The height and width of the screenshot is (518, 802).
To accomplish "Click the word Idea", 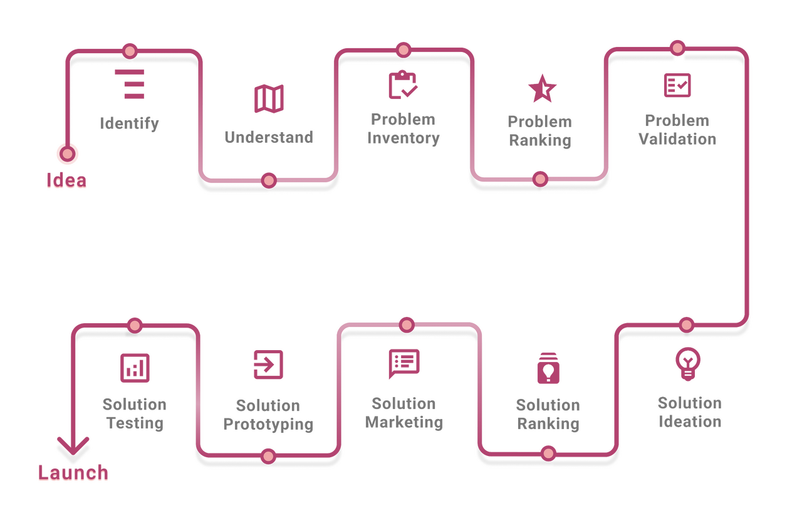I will pyautogui.click(x=66, y=180).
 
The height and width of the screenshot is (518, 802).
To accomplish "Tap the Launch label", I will pyautogui.click(x=73, y=473).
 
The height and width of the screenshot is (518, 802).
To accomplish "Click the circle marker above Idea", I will pyautogui.click(x=67, y=153).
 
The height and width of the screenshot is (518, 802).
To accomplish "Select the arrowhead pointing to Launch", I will pyautogui.click(x=72, y=446).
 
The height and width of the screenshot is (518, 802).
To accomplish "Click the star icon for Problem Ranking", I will pyautogui.click(x=542, y=88).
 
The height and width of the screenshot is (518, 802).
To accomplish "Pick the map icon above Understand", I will pyautogui.click(x=269, y=99).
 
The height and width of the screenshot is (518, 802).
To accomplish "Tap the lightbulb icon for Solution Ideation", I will pyautogui.click(x=687, y=363).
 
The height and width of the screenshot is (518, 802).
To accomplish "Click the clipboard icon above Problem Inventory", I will pyautogui.click(x=402, y=85).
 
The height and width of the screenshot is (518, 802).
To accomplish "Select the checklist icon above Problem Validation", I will pyautogui.click(x=677, y=85).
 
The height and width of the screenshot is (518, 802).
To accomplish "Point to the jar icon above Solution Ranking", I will pyautogui.click(x=548, y=368).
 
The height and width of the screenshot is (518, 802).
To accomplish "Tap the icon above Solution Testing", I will pyautogui.click(x=135, y=367).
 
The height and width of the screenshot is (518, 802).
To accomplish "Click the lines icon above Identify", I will pyautogui.click(x=130, y=84).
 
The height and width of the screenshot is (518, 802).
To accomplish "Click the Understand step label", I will pyautogui.click(x=269, y=137).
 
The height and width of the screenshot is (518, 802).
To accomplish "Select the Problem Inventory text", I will pyautogui.click(x=403, y=128).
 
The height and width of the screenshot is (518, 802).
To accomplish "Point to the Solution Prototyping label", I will pyautogui.click(x=268, y=415).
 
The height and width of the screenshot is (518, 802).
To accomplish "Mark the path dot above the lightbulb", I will pyautogui.click(x=687, y=324).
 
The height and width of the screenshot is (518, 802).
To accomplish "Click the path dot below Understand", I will pyautogui.click(x=269, y=180).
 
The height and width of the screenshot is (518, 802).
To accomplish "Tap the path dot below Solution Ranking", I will pyautogui.click(x=548, y=452).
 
